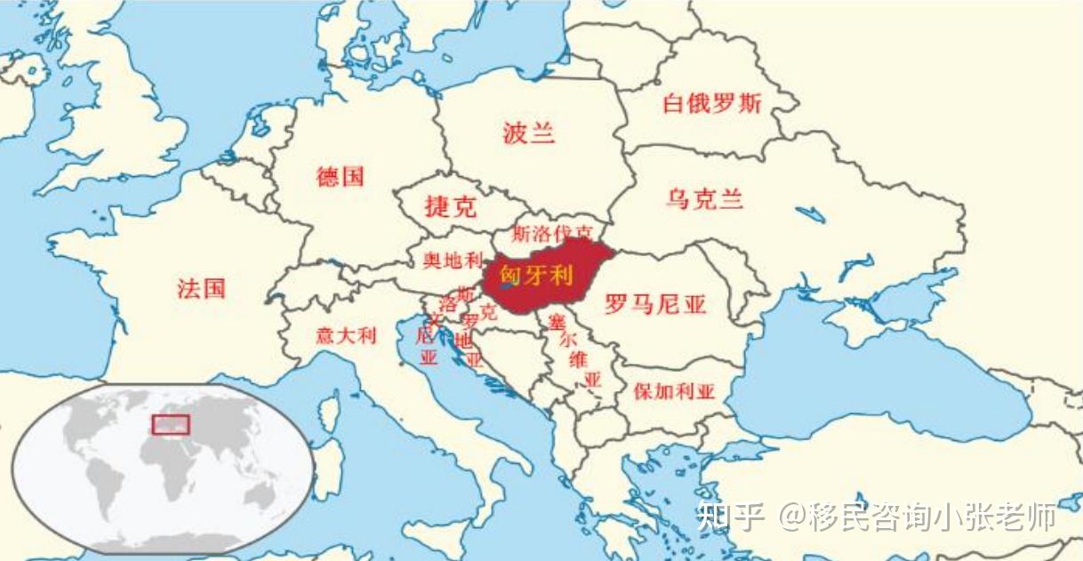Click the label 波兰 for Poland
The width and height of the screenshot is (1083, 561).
click(528, 134)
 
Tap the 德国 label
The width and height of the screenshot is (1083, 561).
click(341, 176)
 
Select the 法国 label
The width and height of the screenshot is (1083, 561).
click(201, 288)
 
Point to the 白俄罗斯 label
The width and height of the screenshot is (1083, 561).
click(712, 103)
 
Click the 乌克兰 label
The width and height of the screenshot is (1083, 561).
click(704, 198)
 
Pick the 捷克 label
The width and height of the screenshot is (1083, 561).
click(450, 207)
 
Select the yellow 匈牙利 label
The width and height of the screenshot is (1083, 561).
click(536, 275)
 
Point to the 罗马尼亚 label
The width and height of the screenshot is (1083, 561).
click(655, 305)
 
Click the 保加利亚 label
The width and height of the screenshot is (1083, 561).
click(675, 391)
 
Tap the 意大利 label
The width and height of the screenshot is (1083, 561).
click(346, 336)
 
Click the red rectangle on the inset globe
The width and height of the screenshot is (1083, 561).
click(170, 424)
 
